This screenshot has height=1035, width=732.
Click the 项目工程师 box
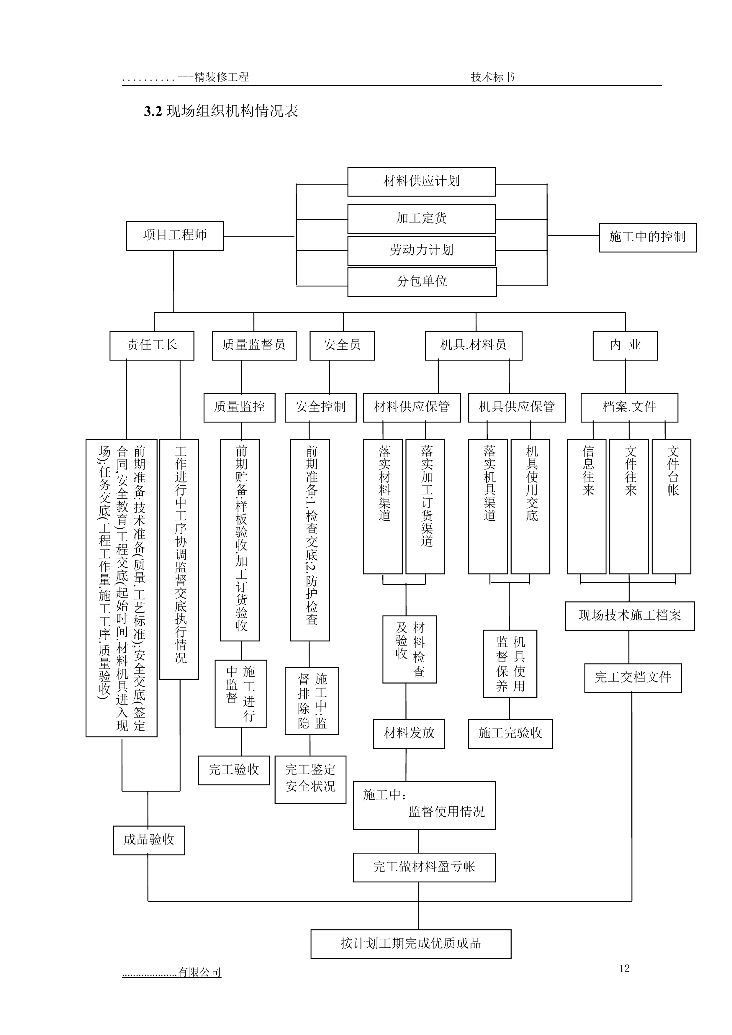pos(175,235)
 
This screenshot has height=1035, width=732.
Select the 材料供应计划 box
pos(421,182)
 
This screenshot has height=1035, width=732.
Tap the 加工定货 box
pos(421,219)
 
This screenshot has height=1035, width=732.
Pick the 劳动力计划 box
pos(421,250)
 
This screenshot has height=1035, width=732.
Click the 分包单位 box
pos(422,282)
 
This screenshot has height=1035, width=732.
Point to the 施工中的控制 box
pos(647,237)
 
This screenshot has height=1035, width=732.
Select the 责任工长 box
pos(152,345)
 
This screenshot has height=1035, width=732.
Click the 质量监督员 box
pos(254,345)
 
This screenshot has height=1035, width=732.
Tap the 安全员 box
pos(342,345)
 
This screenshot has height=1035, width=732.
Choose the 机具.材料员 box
pos(473,345)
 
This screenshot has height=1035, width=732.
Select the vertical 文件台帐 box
pos(672,506)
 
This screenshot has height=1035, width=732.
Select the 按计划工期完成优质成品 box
pos(411,944)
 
